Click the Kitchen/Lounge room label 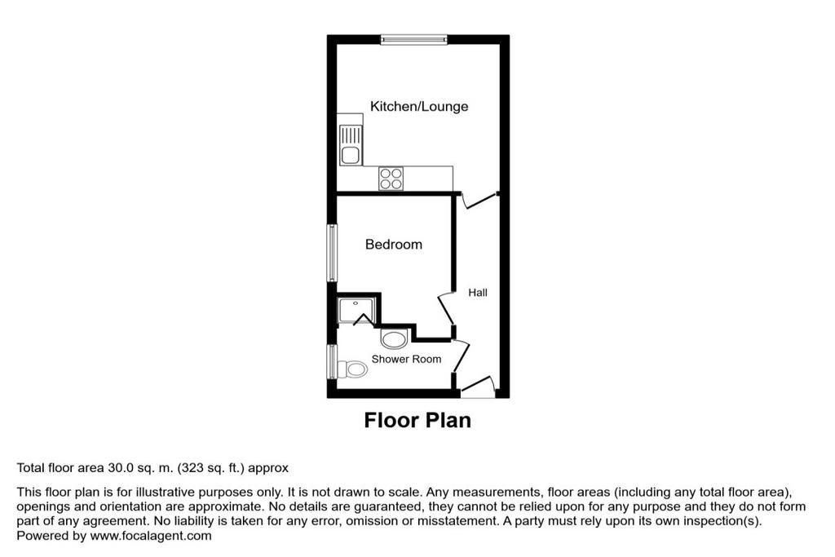click(x=419, y=107)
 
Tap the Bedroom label click(x=394, y=245)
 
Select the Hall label click(x=478, y=292)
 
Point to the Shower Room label click(x=406, y=359)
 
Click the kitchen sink click(x=351, y=145)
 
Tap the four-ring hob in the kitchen click(x=391, y=179)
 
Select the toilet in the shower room click(x=352, y=369)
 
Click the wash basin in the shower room click(x=394, y=339)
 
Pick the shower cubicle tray click(x=357, y=311)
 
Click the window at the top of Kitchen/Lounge click(x=413, y=39)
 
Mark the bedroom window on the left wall click(x=333, y=253)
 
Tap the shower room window click(x=333, y=361)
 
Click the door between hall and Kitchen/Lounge click(x=478, y=200)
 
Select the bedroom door click(x=446, y=309)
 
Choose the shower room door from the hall click(x=462, y=356)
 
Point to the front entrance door click(x=478, y=386)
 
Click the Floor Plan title click(x=417, y=420)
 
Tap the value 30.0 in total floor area click(x=119, y=468)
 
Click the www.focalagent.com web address click(x=151, y=536)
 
